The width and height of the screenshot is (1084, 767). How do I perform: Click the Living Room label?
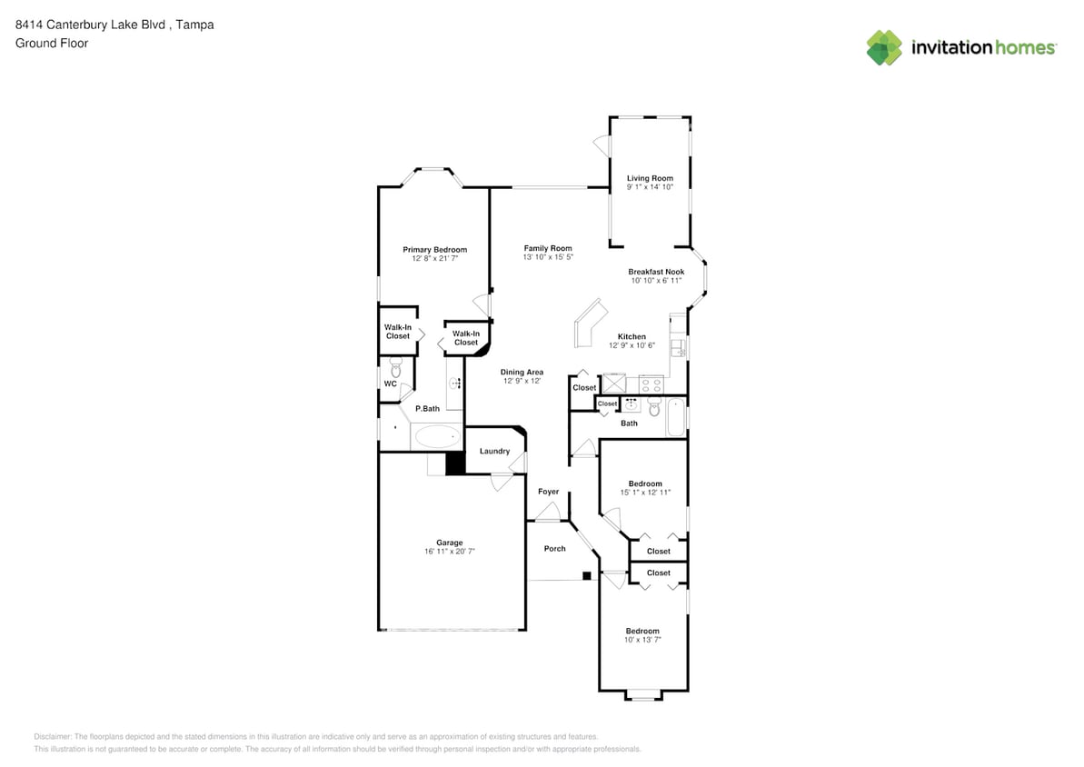coord(650,178)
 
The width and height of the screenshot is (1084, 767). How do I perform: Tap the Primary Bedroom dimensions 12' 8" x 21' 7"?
coord(435,259)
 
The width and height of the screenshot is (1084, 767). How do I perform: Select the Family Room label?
coord(548,248)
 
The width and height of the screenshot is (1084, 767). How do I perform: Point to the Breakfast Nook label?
coord(656,272)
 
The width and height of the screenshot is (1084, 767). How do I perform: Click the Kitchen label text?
coord(632,337)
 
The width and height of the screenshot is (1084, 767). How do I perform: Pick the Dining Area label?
coord(522,372)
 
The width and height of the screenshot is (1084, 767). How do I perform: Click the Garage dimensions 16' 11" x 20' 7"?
coord(450,552)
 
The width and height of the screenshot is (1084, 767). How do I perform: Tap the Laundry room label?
coord(495,452)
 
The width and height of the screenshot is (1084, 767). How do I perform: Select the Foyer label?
coord(548,492)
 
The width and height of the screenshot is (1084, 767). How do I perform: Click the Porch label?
coord(554,549)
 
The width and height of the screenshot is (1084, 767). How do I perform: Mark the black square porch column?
coord(587,575)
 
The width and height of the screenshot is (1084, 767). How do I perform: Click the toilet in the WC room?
coord(395,366)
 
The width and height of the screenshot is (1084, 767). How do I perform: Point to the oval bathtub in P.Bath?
coord(437,436)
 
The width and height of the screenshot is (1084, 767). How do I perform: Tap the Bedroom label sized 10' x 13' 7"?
coord(642,632)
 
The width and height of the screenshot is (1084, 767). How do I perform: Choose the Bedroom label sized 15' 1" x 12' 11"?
coord(645,484)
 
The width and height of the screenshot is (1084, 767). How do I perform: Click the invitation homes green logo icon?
coord(884,48)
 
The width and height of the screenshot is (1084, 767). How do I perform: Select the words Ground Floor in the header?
coord(52,43)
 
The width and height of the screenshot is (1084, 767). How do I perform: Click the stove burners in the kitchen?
coord(651,383)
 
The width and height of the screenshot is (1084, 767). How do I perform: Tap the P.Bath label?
coord(427,409)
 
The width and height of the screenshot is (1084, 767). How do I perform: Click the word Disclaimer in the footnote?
coord(53,737)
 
